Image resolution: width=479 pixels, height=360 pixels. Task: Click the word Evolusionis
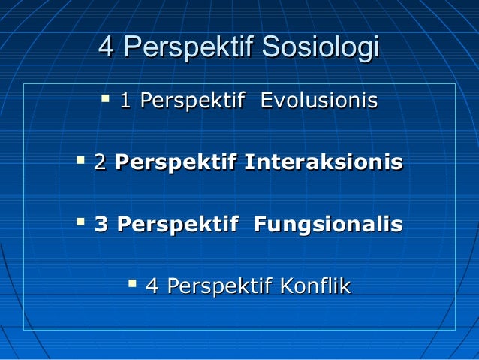point(318,101)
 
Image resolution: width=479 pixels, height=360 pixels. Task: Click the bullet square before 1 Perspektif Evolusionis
point(105,98)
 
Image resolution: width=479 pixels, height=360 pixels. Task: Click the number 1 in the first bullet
point(126,101)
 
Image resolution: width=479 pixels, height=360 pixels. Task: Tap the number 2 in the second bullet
point(100,162)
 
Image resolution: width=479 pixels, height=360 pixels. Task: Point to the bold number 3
point(101,225)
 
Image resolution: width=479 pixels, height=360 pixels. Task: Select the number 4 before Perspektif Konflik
point(152,286)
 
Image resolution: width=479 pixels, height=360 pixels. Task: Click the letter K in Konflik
point(286,286)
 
